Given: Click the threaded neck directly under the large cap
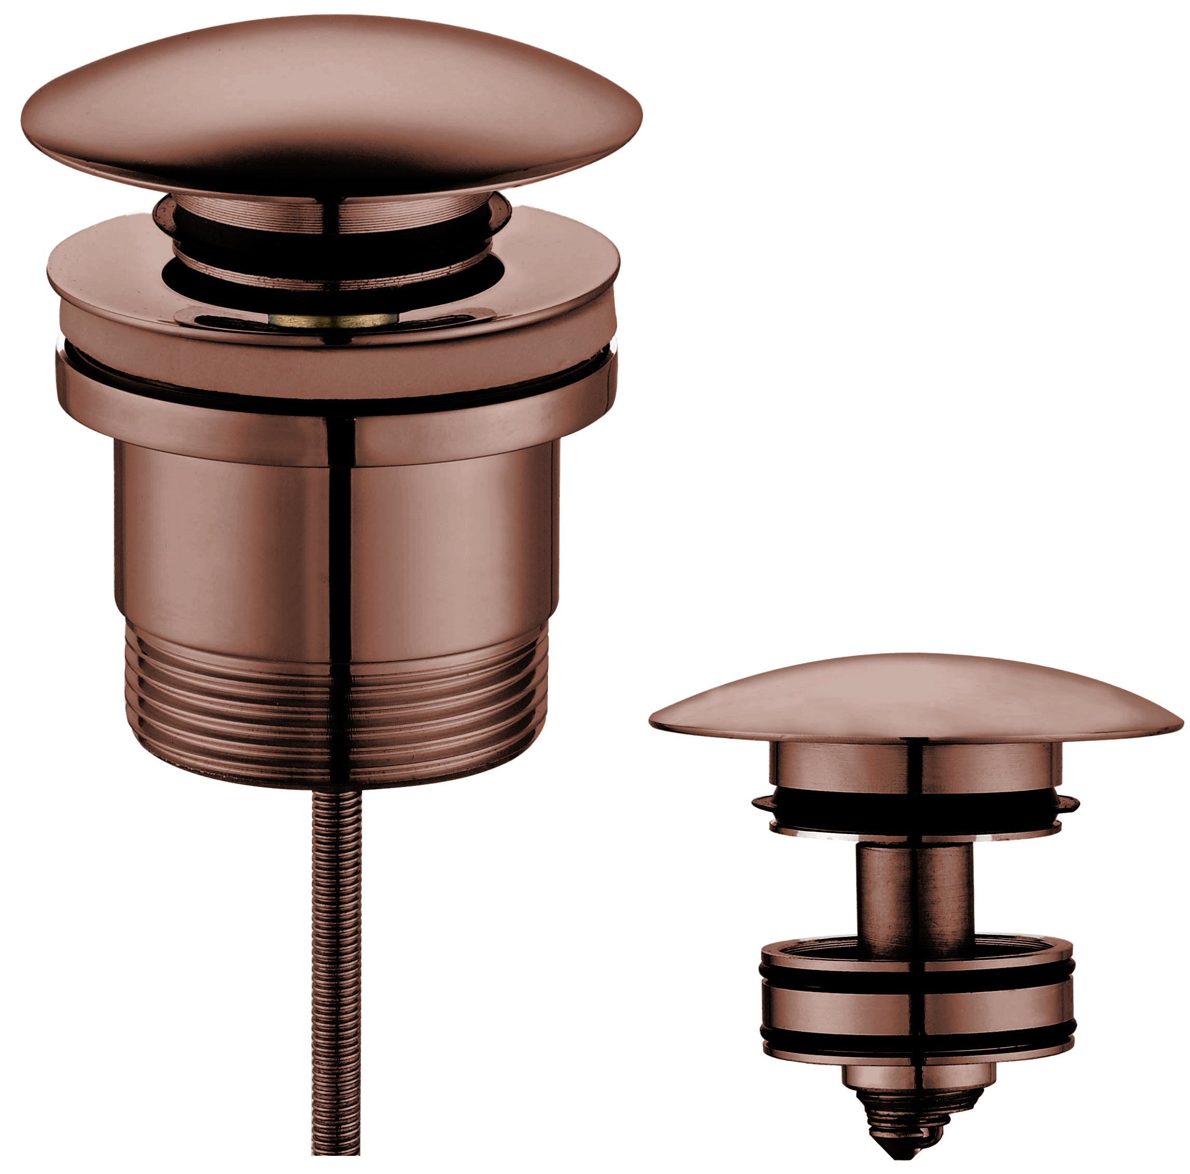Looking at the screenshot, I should (333, 212).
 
